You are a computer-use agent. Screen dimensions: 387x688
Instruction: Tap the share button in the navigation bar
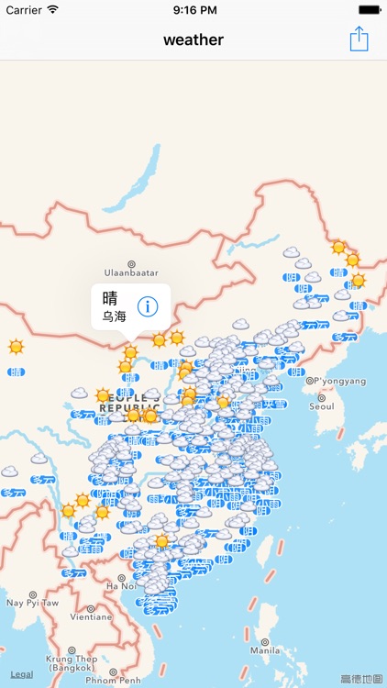pos(359,39)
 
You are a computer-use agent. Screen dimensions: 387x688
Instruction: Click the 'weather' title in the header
pos(193,39)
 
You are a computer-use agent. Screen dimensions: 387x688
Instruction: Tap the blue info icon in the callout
pos(149,306)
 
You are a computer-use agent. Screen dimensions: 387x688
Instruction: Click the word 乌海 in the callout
pos(114,316)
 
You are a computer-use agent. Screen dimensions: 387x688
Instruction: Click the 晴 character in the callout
pos(110,297)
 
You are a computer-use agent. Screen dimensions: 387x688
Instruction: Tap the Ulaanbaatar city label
pos(131,272)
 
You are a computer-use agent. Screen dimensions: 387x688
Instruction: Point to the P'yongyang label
pos(340,381)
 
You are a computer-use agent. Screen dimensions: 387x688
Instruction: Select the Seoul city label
pos(322,405)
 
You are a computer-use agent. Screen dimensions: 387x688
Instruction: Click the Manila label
pos(265,649)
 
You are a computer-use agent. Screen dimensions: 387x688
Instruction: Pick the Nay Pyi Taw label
pos(32,603)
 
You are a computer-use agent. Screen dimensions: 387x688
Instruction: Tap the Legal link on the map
pos(22,674)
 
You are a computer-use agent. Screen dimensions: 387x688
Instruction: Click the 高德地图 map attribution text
pos(361,679)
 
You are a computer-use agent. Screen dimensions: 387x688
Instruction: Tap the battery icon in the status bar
pos(369,9)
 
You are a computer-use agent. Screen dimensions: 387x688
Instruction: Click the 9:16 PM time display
pos(193,9)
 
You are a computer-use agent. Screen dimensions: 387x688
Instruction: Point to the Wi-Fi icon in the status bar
pos(52,9)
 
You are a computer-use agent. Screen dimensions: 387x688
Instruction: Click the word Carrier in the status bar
pos(24,9)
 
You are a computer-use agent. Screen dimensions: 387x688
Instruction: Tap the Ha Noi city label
pos(122,585)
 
